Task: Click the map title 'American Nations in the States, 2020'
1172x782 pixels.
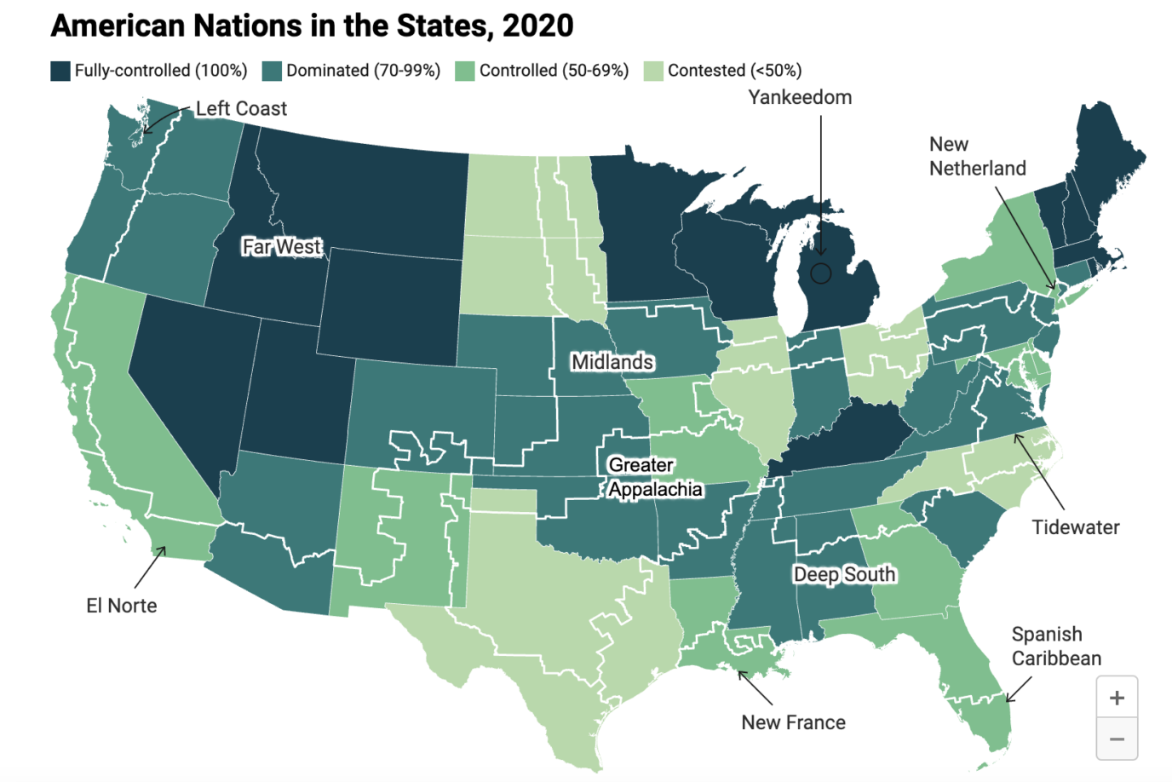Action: click(312, 26)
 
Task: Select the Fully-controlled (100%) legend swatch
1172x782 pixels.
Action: click(60, 71)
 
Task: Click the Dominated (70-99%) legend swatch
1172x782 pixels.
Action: click(272, 71)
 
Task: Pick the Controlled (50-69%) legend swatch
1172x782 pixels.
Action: click(465, 71)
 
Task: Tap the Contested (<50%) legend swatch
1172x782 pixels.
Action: click(653, 71)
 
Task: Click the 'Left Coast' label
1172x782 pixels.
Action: click(241, 109)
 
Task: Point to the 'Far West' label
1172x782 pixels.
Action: click(281, 247)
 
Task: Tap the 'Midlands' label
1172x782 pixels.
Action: click(612, 362)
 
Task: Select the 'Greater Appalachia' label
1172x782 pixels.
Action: click(654, 477)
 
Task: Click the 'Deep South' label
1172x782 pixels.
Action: click(844, 575)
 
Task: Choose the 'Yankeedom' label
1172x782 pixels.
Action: click(800, 97)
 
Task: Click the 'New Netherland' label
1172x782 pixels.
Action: click(977, 157)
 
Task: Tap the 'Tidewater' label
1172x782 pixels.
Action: click(1076, 527)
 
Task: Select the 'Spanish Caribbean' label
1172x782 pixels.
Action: click(1056, 647)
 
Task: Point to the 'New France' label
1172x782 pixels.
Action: click(793, 722)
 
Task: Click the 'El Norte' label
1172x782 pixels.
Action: click(122, 606)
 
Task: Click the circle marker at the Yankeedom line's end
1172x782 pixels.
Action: click(820, 273)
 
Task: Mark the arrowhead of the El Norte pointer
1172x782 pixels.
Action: click(164, 548)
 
